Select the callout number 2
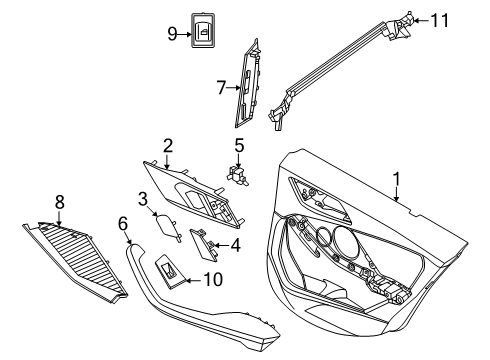tap(168, 145)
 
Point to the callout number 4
tap(235, 243)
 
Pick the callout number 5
tap(239, 146)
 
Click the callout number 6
tap(124, 224)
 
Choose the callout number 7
tap(222, 88)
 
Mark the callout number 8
tap(59, 203)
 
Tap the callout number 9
tap(172, 34)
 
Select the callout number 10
tap(211, 279)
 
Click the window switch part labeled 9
tap(205, 34)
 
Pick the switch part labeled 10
tap(170, 269)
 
